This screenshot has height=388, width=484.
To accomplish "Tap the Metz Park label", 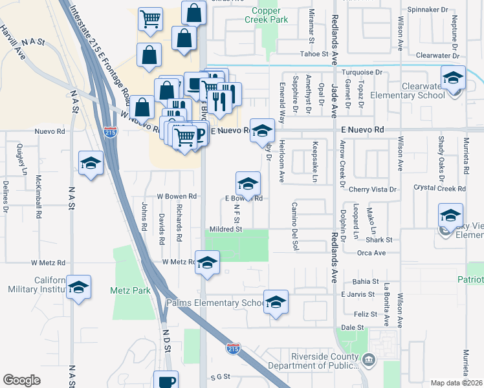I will [129, 290].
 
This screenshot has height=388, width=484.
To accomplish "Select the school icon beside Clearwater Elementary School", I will [454, 80].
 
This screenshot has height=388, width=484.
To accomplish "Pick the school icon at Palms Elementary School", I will [276, 303].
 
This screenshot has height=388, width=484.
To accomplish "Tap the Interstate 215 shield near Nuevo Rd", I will [111, 132].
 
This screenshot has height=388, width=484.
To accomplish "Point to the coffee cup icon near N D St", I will [166, 381].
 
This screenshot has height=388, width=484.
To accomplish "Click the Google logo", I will [21, 380].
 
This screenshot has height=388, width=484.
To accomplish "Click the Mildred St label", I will [225, 229].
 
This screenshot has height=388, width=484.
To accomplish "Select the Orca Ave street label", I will [371, 253].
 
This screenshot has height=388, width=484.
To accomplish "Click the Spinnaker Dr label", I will [427, 10].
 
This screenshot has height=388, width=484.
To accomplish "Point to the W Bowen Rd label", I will [177, 196].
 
